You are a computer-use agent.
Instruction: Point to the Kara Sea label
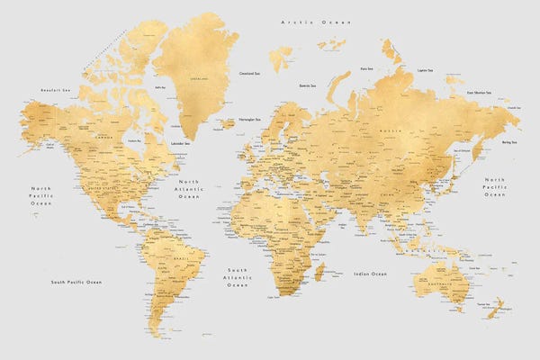(x=367, y=67)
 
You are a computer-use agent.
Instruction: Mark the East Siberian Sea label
(x=479, y=92)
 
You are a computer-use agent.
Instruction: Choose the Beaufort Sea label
(x=56, y=90)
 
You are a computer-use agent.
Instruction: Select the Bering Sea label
(x=509, y=142)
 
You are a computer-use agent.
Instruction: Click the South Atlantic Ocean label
(x=237, y=277)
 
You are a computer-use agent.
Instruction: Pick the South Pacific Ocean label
(x=76, y=282)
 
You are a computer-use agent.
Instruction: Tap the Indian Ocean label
(x=370, y=273)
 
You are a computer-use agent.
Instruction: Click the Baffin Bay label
(x=162, y=87)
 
